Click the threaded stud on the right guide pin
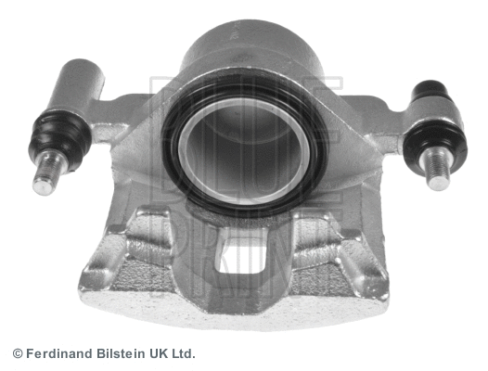click(436, 168)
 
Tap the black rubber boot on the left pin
click(59, 136)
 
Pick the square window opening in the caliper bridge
click(242, 254)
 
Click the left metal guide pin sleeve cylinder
click(76, 84)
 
